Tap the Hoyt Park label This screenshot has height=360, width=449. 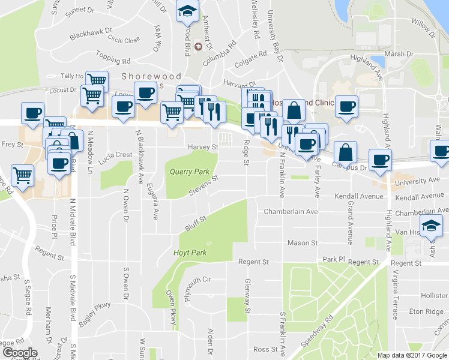[190, 253]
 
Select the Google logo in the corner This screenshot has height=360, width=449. [20, 353]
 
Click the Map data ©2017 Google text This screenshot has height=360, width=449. [412, 355]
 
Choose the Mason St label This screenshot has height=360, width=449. [302, 242]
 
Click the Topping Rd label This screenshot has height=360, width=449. [112, 60]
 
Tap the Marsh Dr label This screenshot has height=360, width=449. [400, 53]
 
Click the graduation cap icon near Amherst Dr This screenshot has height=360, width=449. [187, 11]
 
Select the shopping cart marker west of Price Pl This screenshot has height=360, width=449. [22, 175]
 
